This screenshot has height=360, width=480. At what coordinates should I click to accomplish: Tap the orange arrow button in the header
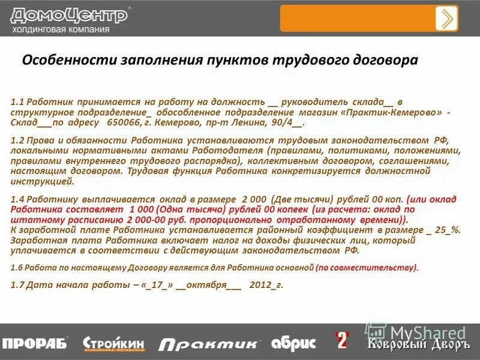pos(446,18)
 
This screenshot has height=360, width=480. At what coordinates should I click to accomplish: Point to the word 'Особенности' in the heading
pos(71,61)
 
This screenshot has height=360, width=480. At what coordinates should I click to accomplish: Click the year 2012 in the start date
pos(261,286)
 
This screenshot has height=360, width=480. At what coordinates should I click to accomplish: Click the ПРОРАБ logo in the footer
pos(35,343)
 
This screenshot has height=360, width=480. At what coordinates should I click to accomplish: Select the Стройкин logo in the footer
pos(114,343)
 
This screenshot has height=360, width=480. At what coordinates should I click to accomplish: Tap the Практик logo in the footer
pos(210,343)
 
